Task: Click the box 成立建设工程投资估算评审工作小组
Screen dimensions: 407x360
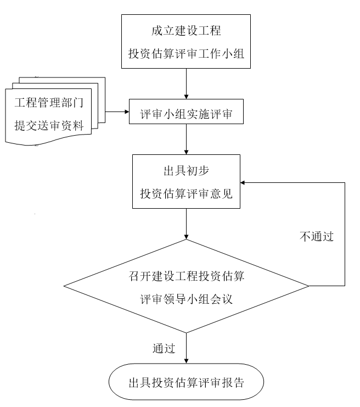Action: click(186, 42)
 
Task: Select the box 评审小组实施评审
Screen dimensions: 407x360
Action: click(186, 115)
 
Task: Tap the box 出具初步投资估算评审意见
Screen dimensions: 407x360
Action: click(186, 181)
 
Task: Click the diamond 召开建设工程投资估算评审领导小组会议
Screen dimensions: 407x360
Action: click(186, 286)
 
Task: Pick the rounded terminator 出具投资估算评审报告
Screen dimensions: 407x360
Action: click(186, 382)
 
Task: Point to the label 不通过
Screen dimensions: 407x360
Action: click(317, 237)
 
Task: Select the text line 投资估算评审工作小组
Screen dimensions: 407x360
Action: click(186, 54)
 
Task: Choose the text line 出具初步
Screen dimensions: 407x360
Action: click(186, 170)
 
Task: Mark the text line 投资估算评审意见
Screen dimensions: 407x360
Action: click(186, 193)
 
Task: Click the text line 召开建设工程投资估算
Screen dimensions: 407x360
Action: click(186, 275)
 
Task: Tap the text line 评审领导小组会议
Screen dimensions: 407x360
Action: click(186, 298)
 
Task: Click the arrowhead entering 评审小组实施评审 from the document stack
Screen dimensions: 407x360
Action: click(126, 114)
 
